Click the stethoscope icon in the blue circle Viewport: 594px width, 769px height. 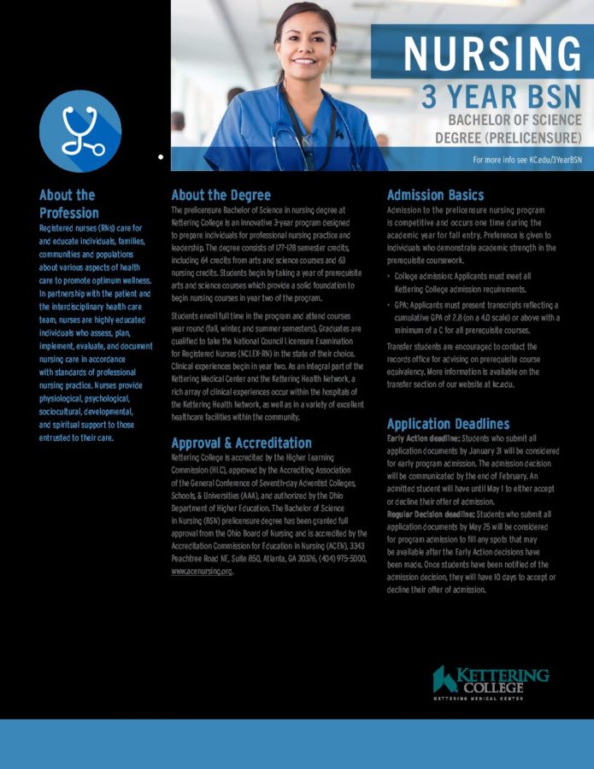pos(80,131)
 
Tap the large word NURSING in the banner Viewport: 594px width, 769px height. pos(491,55)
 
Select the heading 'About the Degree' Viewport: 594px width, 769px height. pos(221,195)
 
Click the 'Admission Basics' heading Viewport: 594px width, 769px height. pos(435,195)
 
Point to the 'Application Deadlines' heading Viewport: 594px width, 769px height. pos(448,424)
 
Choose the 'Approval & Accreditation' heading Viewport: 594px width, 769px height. pos(241,443)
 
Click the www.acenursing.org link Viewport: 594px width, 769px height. pos(202,570)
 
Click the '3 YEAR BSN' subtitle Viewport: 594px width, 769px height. pos(501,97)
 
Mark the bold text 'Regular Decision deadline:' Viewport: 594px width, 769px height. pos(430,514)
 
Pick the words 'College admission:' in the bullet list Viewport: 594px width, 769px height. pos(423,277)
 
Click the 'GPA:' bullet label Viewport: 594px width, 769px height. pos(403,305)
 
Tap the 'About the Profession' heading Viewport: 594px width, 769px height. pos(68,203)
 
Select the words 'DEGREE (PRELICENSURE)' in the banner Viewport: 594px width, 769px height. pos(508,137)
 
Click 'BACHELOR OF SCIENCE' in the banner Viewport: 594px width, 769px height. pos(515,120)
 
